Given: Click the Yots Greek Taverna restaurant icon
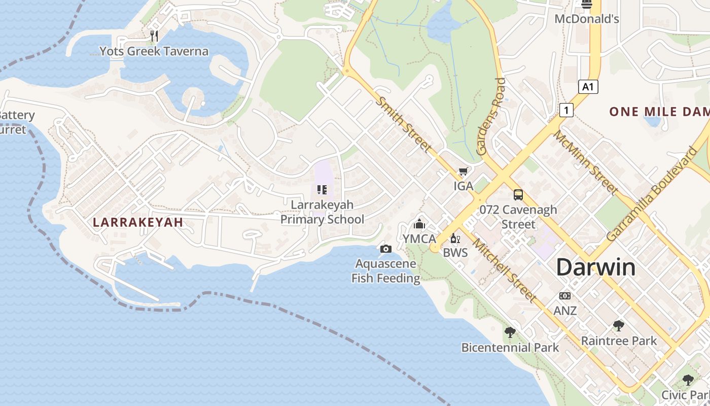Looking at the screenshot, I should click(154, 36).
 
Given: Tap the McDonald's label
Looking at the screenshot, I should click(587, 19).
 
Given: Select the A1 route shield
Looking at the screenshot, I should click(588, 87).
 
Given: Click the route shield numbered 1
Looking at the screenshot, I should click(566, 110).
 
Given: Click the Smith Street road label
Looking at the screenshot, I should click(404, 123).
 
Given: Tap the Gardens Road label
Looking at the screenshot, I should click(490, 116).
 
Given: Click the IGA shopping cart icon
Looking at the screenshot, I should click(463, 172).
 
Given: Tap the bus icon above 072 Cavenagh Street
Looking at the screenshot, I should click(518, 194).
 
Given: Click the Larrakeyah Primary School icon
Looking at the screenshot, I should click(322, 190).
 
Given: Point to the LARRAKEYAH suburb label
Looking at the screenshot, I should click(138, 222).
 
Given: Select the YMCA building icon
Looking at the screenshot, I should click(419, 224).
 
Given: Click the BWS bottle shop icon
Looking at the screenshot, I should click(455, 238).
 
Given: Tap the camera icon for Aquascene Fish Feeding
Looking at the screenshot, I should click(385, 249).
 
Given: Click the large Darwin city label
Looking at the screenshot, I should click(596, 267).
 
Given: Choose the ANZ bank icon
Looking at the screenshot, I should click(565, 296).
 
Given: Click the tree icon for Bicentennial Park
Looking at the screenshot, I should click(510, 332).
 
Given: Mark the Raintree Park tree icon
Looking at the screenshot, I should click(618, 326).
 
